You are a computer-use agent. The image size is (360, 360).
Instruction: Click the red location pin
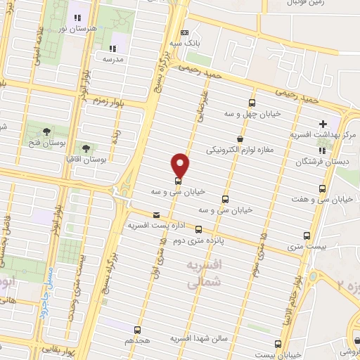point(180,165)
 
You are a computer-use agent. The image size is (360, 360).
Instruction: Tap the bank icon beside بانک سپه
point(184,32)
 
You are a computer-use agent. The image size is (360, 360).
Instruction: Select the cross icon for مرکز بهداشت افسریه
point(322,122)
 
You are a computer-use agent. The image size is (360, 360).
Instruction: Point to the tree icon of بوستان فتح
point(46,131)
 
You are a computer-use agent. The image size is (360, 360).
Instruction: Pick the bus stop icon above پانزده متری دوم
point(198,229)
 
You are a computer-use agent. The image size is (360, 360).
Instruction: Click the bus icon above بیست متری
point(307,236)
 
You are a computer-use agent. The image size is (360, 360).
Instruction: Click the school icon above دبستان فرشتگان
point(322,150)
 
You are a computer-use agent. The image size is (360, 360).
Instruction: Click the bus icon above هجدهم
point(137,328)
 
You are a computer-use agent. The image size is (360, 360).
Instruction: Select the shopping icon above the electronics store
point(241,139)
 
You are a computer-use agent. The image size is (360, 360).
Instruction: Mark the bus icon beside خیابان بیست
point(278,344)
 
